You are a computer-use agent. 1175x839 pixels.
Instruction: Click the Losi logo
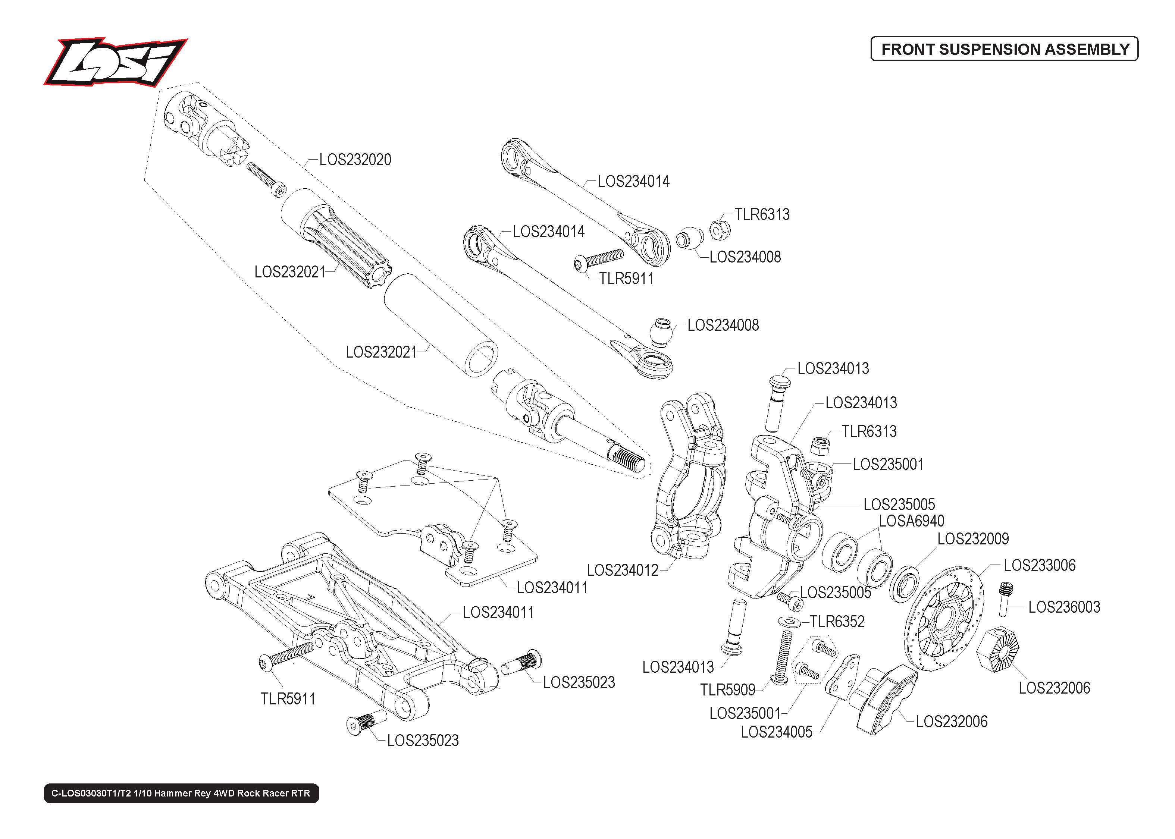[115, 62]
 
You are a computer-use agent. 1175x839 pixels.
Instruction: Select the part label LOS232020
[355, 160]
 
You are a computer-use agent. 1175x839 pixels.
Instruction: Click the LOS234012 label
[622, 571]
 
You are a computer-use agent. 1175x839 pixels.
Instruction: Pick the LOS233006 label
[1039, 565]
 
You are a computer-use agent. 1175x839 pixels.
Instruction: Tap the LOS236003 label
[1064, 607]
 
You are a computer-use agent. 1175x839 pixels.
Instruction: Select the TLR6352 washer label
[837, 622]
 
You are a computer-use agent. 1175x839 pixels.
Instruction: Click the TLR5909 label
[727, 690]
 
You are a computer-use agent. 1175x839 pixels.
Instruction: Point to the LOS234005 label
[776, 732]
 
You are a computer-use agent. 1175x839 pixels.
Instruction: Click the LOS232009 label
[972, 539]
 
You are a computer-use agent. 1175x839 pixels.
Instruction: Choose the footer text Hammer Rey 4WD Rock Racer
[181, 793]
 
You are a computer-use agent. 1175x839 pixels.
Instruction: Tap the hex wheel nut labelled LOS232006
[998, 650]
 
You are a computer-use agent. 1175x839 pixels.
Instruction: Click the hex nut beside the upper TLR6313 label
[719, 230]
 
